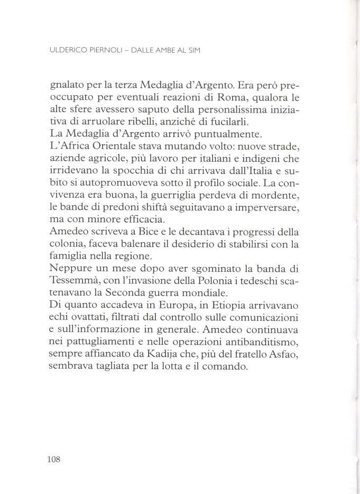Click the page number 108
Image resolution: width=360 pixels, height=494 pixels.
[54, 459]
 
